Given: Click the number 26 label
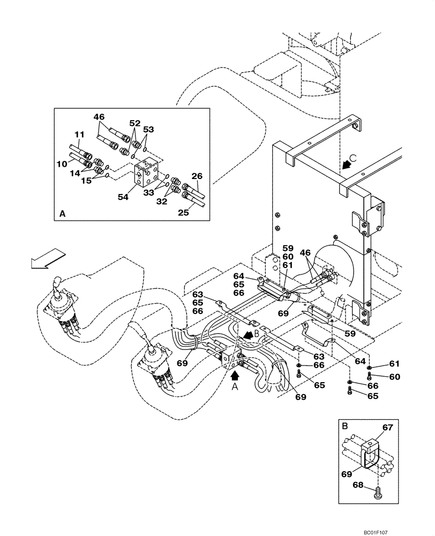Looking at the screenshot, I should [197, 176].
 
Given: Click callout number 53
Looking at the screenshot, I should [148, 129].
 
